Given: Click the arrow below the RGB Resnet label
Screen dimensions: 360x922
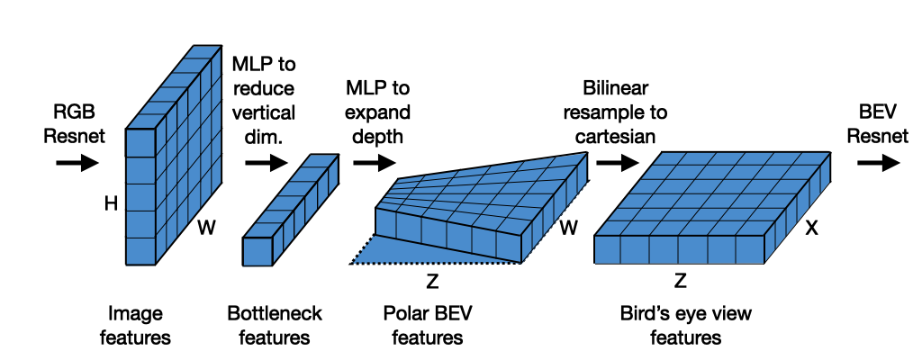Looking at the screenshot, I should [77, 163].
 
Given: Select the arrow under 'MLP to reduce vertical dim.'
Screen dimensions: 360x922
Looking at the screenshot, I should [265, 163].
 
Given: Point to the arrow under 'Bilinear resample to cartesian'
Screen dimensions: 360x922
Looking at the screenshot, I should [616, 163].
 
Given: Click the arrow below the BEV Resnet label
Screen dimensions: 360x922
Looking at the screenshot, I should [877, 163].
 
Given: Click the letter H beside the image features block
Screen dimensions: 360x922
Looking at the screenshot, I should [112, 205].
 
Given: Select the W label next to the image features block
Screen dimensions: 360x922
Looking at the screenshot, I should [206, 229].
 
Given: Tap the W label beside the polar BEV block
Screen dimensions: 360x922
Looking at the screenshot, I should [568, 229].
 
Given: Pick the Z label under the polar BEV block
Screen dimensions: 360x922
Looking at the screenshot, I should [432, 282].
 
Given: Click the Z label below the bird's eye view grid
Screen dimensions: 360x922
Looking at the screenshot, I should [681, 282].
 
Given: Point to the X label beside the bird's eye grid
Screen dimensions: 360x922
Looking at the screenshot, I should [811, 229].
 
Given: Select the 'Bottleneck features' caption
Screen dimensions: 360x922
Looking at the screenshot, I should [275, 325].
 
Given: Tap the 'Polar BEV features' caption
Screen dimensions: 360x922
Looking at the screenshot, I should [422, 325].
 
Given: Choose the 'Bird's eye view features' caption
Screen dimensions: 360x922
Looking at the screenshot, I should [685, 325].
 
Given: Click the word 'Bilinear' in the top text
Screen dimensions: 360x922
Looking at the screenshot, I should [616, 88].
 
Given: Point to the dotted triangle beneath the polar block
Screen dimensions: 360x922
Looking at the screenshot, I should [423, 252].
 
